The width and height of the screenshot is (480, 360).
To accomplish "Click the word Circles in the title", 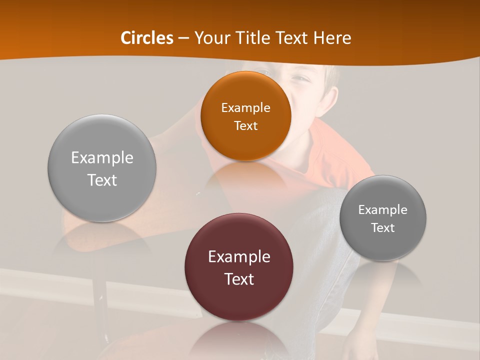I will coord(147,38).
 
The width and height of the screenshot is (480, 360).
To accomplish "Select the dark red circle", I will coord(239,300).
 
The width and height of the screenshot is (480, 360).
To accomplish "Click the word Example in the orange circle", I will coord(245,108).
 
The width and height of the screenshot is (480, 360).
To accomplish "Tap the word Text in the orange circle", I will coord(245,126).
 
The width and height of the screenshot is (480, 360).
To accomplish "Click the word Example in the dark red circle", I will coord(239,257).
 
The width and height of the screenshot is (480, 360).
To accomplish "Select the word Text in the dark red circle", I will coord(239,279).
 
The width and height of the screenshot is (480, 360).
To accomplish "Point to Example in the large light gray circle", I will coord(102,158).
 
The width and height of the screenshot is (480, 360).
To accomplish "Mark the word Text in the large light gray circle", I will coord(102,180).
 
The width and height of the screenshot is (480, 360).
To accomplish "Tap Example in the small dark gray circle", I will coord(383,210).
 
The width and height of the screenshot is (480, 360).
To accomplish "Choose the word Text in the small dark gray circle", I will coord(383,228).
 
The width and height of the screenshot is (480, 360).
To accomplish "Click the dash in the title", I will coord(183,38).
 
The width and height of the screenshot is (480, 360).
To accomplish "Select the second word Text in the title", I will coord(292,38).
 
